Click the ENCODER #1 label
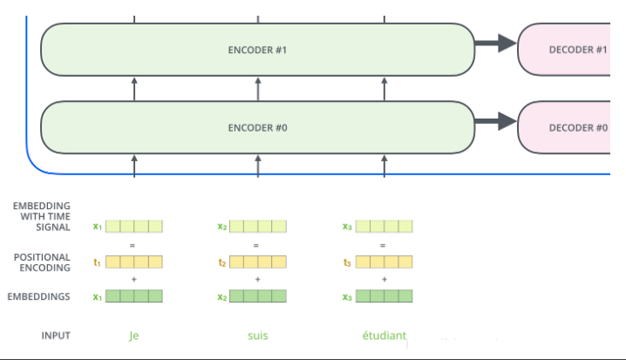click(257, 50)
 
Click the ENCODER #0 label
click(257, 128)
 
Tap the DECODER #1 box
click(564, 50)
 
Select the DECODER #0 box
click(564, 127)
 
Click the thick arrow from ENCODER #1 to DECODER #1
click(496, 43)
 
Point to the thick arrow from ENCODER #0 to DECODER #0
click(496, 121)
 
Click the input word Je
click(133, 336)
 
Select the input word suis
click(258, 336)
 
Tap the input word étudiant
click(384, 336)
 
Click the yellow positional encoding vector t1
click(134, 262)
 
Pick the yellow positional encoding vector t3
click(384, 262)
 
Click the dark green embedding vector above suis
click(258, 296)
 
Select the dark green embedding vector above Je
click(134, 296)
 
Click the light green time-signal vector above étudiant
click(384, 227)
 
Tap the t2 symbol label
click(222, 262)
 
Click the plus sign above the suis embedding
click(257, 280)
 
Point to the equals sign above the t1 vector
click(133, 245)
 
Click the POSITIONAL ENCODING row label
click(42, 262)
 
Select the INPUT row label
click(56, 336)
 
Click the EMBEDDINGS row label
click(38, 296)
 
